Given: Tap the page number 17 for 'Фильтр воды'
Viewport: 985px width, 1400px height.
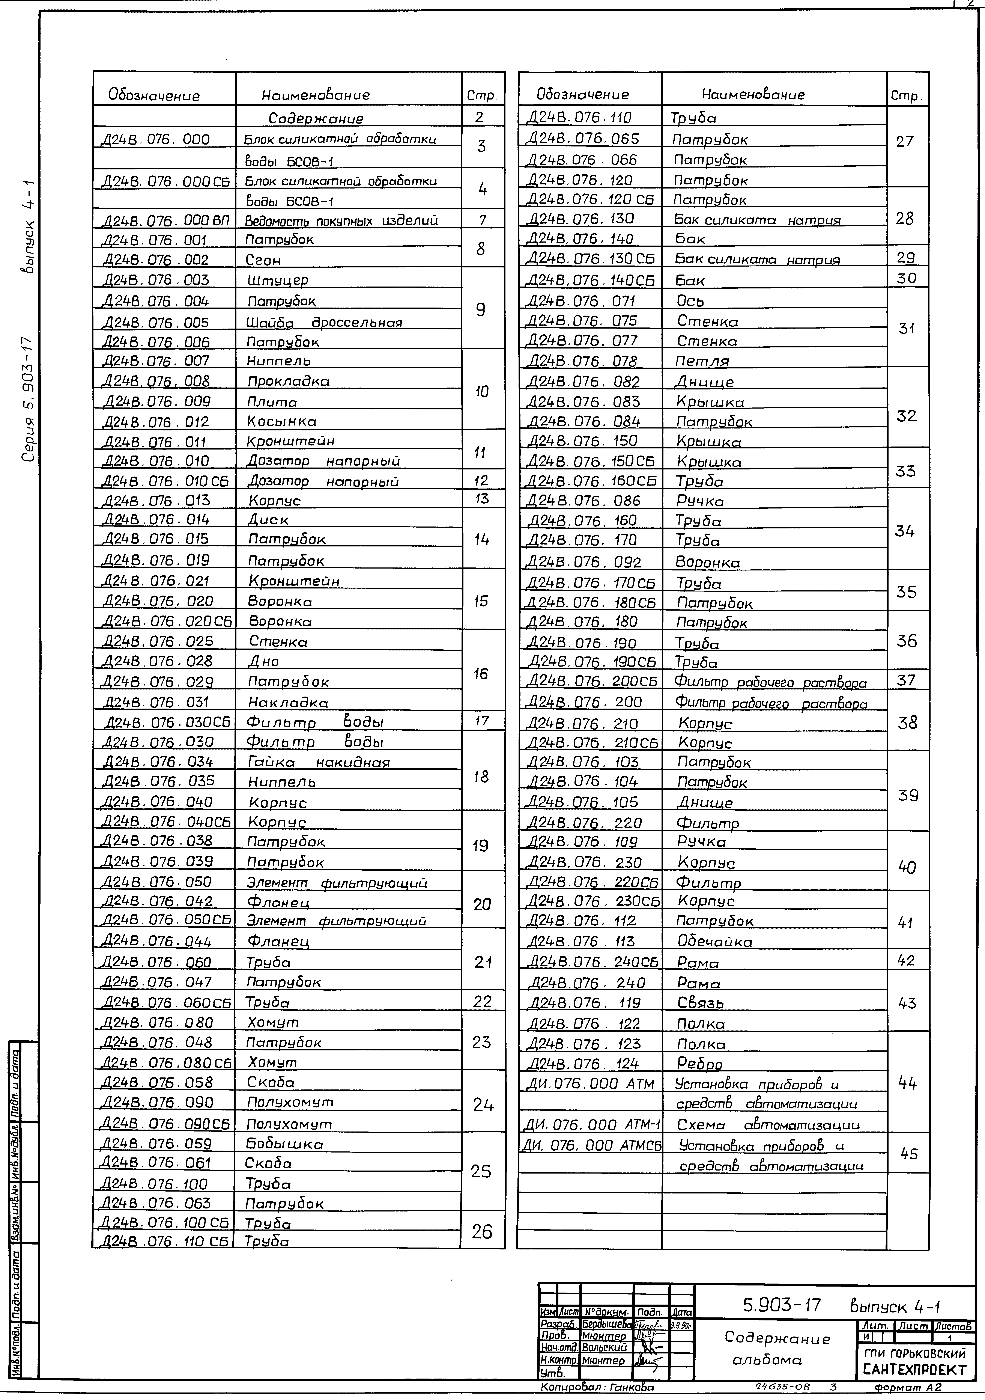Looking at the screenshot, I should click(481, 721).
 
